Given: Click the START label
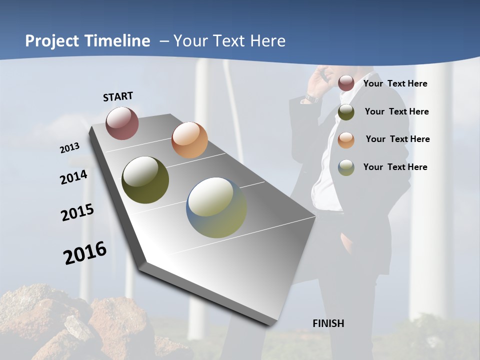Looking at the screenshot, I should click(118, 96).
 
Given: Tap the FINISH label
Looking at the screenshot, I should click(328, 323).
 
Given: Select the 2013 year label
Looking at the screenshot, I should click(70, 148).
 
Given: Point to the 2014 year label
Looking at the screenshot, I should click(74, 177).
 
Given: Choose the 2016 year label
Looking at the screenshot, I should click(85, 253).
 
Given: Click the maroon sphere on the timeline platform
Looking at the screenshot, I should click(122, 123).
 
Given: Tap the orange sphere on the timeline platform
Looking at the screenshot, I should click(189, 140).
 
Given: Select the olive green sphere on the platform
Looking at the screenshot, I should click(145, 180).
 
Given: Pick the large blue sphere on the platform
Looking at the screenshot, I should click(216, 207).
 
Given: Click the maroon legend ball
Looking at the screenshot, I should click(346, 83).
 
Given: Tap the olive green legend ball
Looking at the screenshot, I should click(346, 112).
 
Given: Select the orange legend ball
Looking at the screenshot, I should click(346, 140).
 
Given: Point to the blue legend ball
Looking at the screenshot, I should click(346, 167).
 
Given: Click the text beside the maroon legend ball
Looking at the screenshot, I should click(395, 83).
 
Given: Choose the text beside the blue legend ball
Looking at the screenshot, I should click(395, 167).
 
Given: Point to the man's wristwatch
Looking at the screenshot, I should click(312, 98).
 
